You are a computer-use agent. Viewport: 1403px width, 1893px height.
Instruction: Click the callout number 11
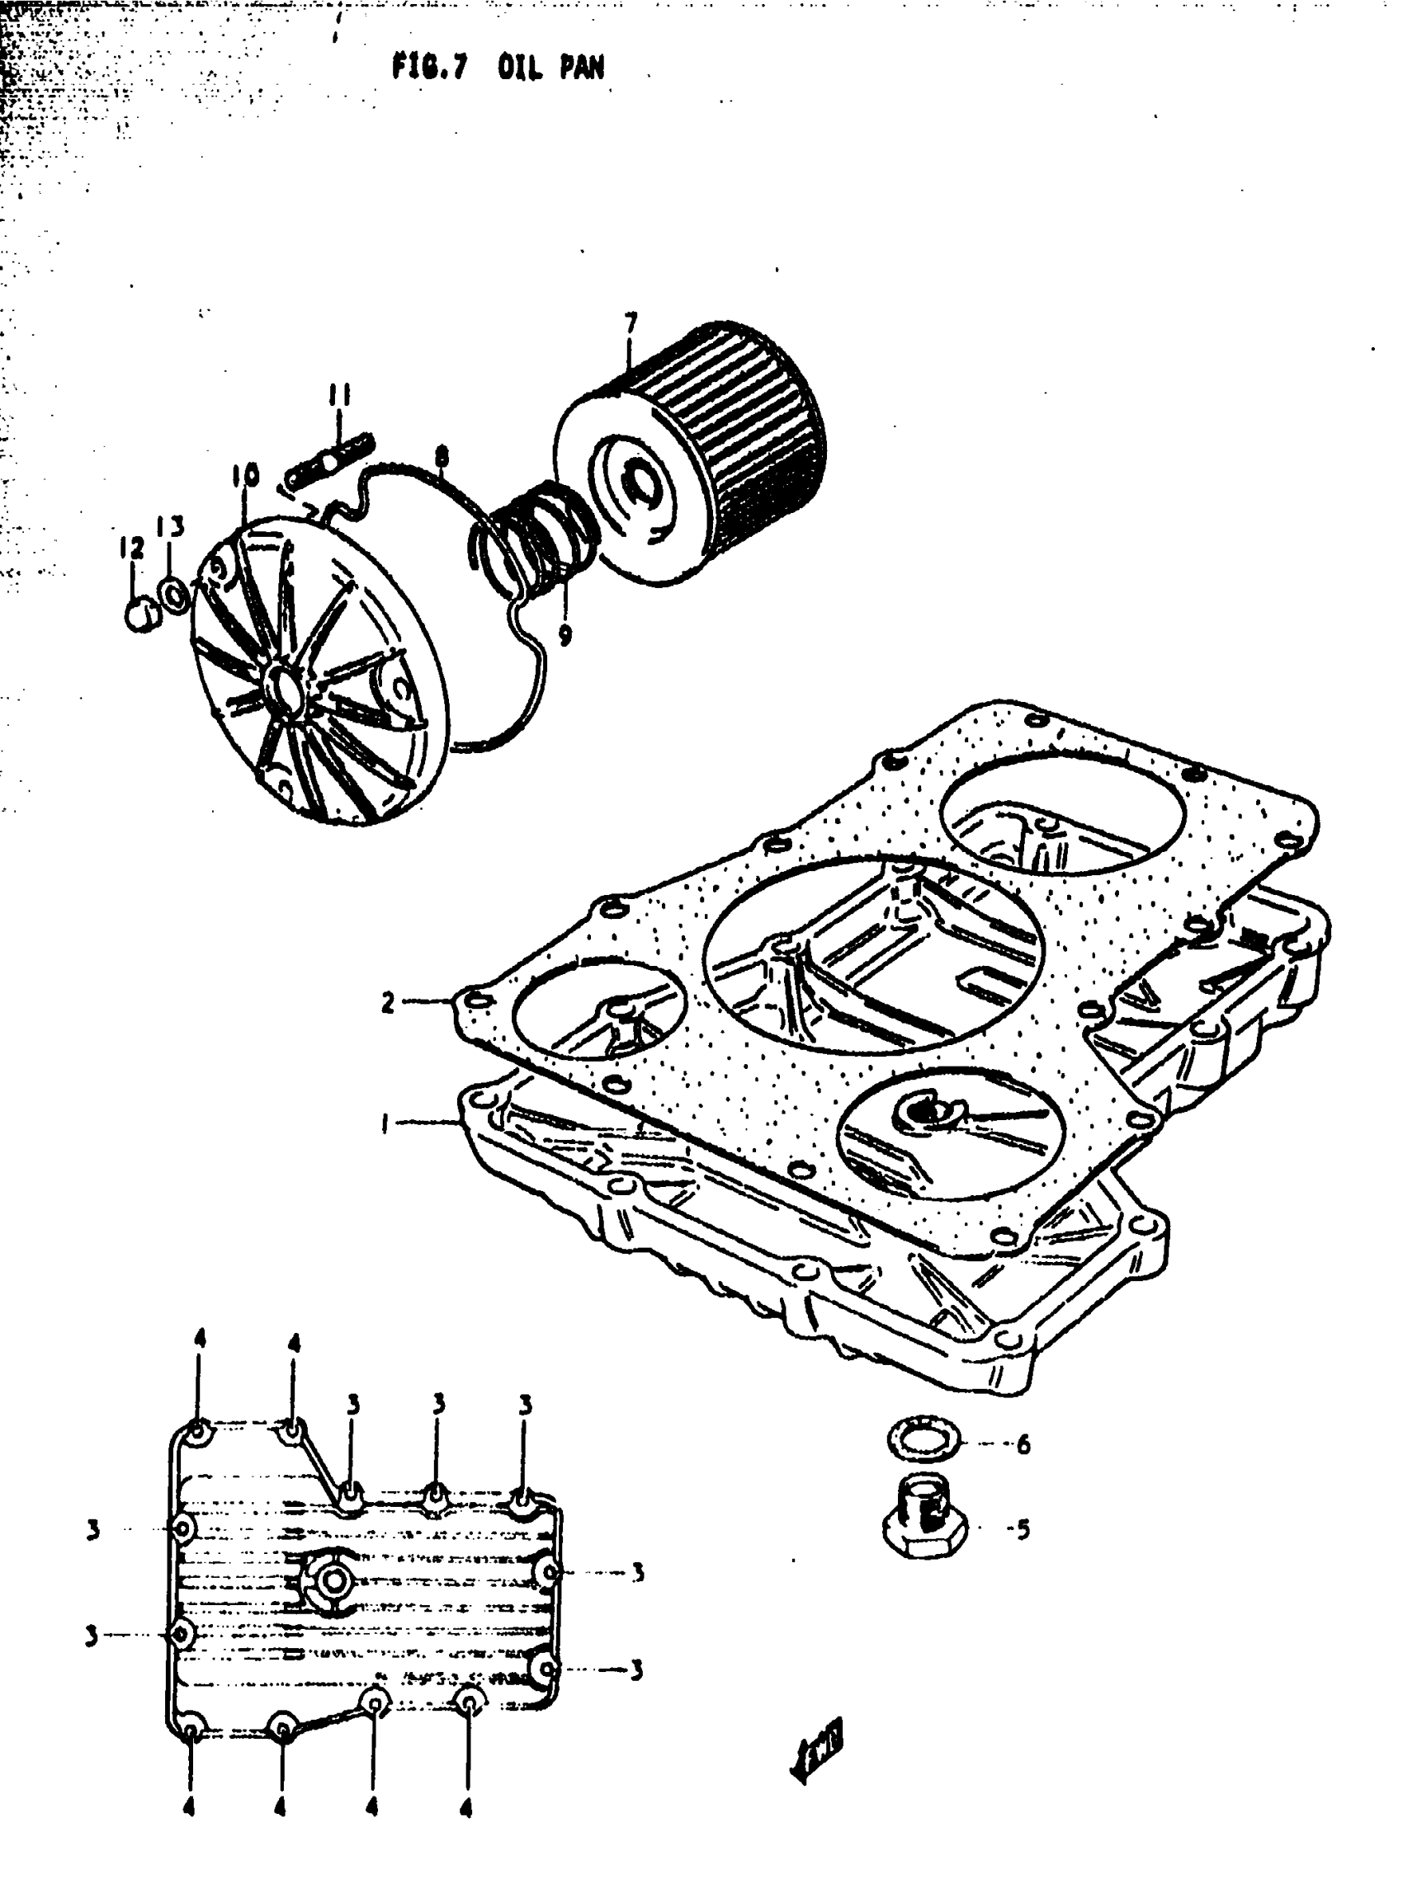coord(340,398)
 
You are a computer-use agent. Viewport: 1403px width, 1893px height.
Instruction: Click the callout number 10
coord(243,477)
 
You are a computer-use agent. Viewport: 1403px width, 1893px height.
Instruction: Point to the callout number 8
coord(442,459)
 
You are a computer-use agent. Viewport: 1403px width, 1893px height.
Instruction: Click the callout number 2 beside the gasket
coord(387,1003)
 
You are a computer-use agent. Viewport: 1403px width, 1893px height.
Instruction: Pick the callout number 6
coord(1023,1443)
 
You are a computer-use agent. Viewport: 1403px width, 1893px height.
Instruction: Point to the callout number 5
coord(1023,1530)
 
